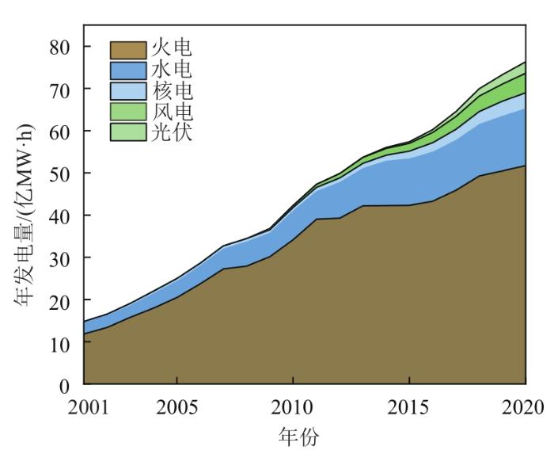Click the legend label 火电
172,49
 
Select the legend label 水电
172,70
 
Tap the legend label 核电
172,90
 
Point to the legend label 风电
172,111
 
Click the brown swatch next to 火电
128,50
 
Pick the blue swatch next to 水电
128,71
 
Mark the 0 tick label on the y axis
66,386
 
